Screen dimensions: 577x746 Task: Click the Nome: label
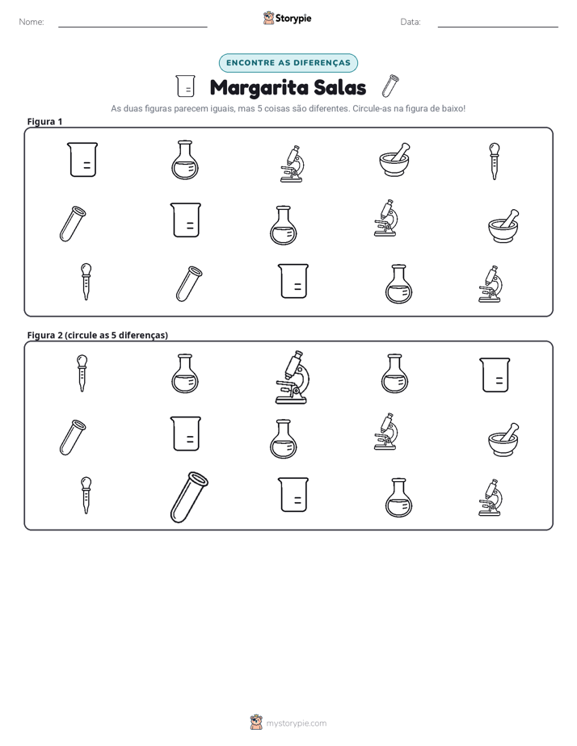pos(32,22)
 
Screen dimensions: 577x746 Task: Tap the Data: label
pos(411,22)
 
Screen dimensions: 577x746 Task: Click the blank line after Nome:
pos(133,27)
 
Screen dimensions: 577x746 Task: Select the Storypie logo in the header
pos(288,18)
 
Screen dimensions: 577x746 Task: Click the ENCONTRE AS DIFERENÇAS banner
pos(288,63)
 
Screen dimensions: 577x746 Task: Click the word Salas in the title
pos(341,87)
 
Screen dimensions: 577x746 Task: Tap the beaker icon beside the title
pos(185,86)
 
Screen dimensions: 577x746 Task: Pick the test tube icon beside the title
pos(390,86)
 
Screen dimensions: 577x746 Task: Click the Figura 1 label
pos(44,121)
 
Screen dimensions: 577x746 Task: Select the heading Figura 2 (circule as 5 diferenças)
pos(98,335)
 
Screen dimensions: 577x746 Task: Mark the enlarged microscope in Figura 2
pos(292,377)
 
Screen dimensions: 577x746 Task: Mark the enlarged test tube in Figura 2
pos(189,497)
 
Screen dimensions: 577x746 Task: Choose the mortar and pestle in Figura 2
pos(503,439)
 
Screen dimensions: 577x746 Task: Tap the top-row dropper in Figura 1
pos(495,161)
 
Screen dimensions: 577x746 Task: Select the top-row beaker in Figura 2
pos(495,375)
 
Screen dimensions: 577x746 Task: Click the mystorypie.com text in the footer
pos(296,723)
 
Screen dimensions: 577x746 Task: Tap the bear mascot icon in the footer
pos(256,723)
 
